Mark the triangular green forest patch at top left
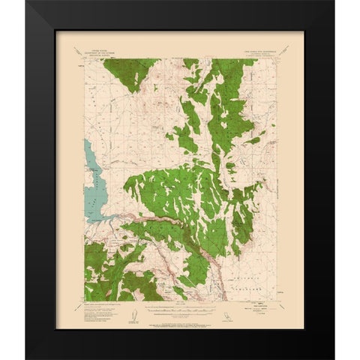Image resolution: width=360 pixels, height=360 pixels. coord(128,72)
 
